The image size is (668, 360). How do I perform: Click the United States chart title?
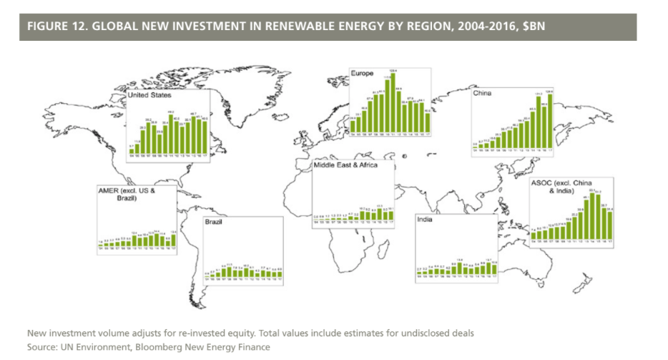(x=149, y=94)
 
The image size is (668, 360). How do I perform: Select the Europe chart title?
(x=363, y=73)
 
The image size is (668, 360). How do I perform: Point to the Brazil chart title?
(x=214, y=223)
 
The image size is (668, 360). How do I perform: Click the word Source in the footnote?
(x=41, y=347)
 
